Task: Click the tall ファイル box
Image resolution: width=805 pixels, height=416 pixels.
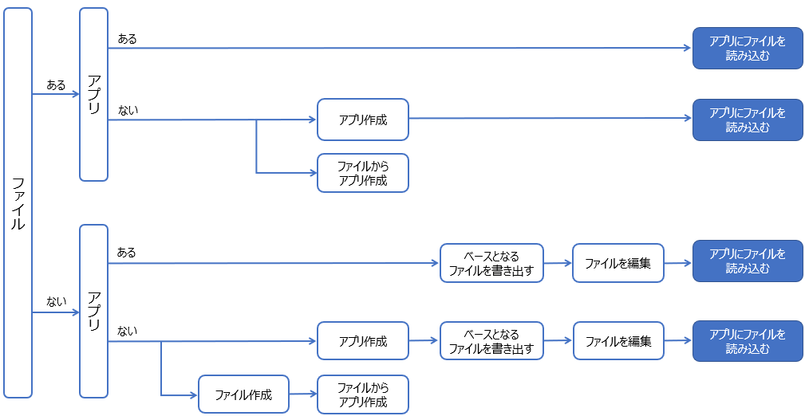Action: (x=18, y=203)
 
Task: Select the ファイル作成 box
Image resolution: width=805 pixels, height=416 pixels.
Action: (x=243, y=394)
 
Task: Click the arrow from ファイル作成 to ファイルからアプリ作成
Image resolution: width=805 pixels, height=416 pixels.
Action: (x=302, y=394)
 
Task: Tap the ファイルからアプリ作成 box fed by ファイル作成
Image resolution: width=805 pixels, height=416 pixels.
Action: (x=362, y=394)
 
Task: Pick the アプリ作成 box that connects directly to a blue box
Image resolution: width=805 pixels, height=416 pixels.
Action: (x=362, y=120)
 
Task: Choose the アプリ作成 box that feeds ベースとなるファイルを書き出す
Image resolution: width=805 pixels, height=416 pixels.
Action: (x=362, y=341)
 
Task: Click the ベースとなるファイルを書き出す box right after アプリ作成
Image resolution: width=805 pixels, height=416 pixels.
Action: (x=491, y=341)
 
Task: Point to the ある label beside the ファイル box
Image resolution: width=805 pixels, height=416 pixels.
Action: (x=56, y=84)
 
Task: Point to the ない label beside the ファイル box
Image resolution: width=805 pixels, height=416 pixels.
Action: (x=56, y=301)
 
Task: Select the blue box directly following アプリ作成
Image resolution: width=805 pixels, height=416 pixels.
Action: (x=747, y=120)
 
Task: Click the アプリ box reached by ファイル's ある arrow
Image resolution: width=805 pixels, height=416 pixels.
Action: (x=93, y=94)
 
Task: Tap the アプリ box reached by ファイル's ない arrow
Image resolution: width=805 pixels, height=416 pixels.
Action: (x=93, y=311)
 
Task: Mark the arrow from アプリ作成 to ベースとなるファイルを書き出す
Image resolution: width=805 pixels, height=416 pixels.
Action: (x=424, y=340)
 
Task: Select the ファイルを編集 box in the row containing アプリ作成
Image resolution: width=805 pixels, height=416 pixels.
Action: (x=618, y=341)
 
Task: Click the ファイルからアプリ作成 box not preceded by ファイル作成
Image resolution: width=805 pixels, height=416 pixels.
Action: (x=362, y=173)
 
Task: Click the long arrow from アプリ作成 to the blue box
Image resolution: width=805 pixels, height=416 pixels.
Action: (x=550, y=119)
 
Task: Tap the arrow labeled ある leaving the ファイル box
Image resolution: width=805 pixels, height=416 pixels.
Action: (x=56, y=94)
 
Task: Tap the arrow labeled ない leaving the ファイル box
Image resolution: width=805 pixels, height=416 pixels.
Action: (x=56, y=312)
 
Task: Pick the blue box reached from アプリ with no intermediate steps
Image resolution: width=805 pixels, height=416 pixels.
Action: (x=747, y=49)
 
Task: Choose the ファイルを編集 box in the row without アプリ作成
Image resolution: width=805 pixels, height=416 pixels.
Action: (x=618, y=263)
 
